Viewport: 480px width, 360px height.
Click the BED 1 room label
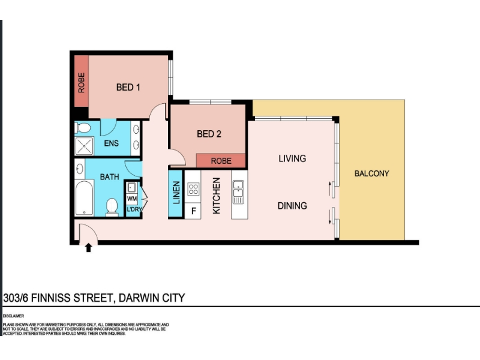[x=128, y=87]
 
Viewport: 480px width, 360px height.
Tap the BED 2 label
[x=209, y=134]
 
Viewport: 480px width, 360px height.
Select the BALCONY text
[x=371, y=173]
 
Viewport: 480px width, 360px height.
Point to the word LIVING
[x=292, y=158]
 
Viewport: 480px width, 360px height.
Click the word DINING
[x=292, y=205]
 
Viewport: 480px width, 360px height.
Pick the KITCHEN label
[x=216, y=196]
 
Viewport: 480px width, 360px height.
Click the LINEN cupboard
[x=176, y=194]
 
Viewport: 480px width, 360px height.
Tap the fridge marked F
[x=193, y=211]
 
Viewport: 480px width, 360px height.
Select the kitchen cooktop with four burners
[x=193, y=189]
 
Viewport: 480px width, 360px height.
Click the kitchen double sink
[x=238, y=192]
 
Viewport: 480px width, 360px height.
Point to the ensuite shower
[x=84, y=146]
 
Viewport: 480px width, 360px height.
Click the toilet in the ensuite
[x=82, y=128]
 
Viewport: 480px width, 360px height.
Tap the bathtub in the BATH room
[x=84, y=198]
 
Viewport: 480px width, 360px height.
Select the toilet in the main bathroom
[x=112, y=207]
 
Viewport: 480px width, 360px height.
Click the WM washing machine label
[x=132, y=199]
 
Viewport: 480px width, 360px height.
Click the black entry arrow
[x=88, y=248]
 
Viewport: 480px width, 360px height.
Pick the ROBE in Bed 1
[x=82, y=82]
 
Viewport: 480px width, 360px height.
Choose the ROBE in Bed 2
[x=221, y=161]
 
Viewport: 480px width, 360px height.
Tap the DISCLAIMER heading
[x=13, y=316]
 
